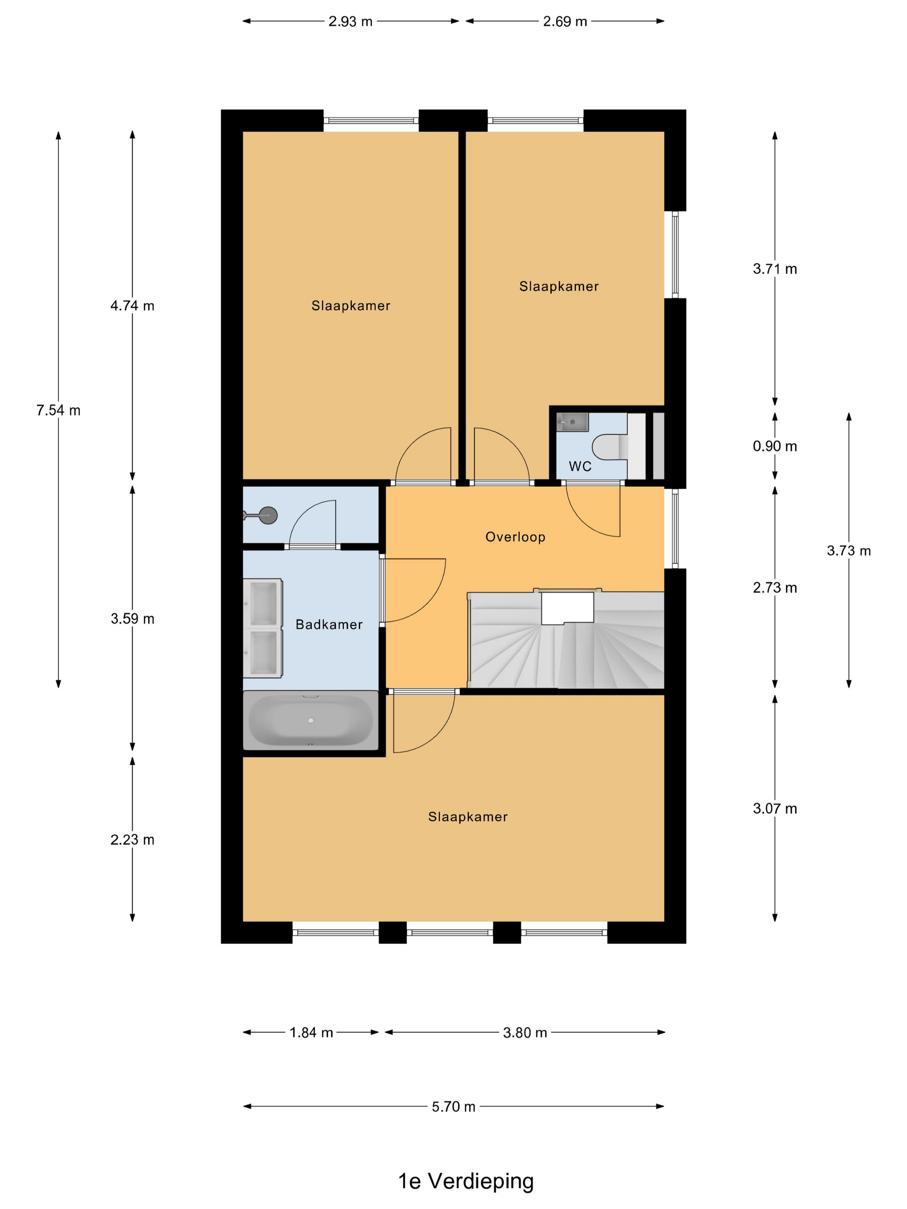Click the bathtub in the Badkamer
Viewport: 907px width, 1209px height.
tap(310, 720)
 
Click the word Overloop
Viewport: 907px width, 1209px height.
tap(515, 537)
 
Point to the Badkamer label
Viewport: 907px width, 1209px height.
tap(329, 624)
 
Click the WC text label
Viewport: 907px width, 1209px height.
tap(580, 466)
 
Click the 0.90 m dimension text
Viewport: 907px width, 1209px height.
tap(775, 446)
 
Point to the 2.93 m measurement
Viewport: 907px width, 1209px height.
tap(350, 21)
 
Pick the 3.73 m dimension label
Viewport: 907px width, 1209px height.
tap(849, 551)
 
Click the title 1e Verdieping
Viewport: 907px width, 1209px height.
tap(466, 1181)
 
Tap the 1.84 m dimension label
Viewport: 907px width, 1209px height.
tap(311, 1032)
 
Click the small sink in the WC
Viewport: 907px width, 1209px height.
tap(572, 422)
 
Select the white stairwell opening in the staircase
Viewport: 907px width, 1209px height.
tap(568, 608)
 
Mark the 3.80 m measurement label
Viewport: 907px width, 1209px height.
tap(525, 1032)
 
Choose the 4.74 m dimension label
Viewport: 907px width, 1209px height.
tap(132, 306)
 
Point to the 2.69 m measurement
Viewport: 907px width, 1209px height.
tap(565, 21)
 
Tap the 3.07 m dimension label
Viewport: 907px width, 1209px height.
tap(775, 808)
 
